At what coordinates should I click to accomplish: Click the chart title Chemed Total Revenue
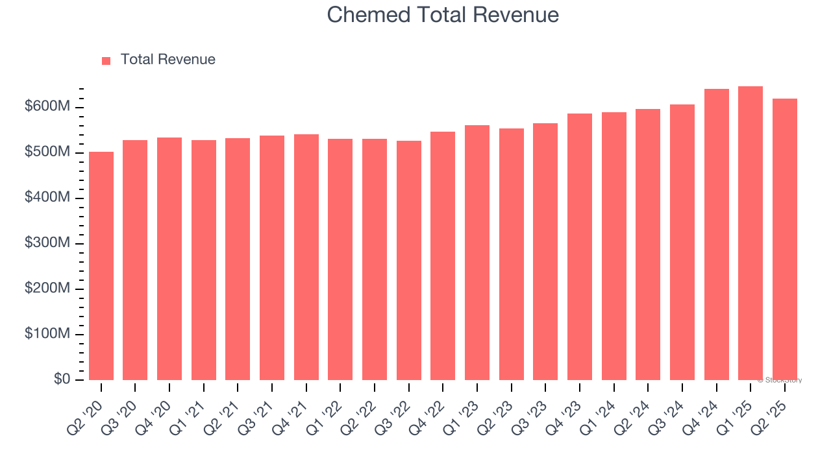tap(443, 15)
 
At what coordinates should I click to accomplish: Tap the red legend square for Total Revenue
tap(106, 60)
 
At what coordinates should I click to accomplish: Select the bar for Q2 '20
tap(101, 266)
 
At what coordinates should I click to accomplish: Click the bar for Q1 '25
tap(750, 233)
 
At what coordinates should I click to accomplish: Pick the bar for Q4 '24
tap(717, 235)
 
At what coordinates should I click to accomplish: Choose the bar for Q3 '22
tap(409, 261)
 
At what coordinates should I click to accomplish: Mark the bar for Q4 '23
tap(580, 247)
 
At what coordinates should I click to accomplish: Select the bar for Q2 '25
tap(785, 239)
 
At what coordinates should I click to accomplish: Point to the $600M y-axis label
tap(47, 107)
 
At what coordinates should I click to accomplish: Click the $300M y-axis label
tap(47, 243)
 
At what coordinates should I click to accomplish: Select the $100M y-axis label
tap(47, 334)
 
